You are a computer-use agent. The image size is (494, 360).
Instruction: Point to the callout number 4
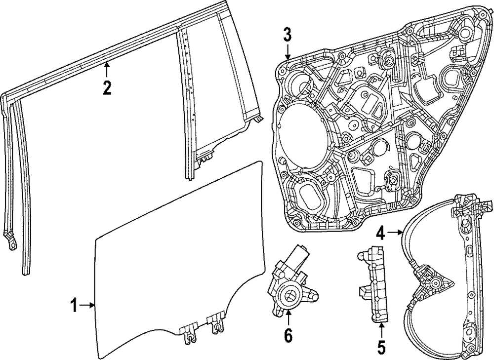pos(380,232)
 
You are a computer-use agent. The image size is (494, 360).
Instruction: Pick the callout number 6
pos(288,336)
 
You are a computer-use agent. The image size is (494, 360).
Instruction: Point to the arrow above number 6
pos(288,318)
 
